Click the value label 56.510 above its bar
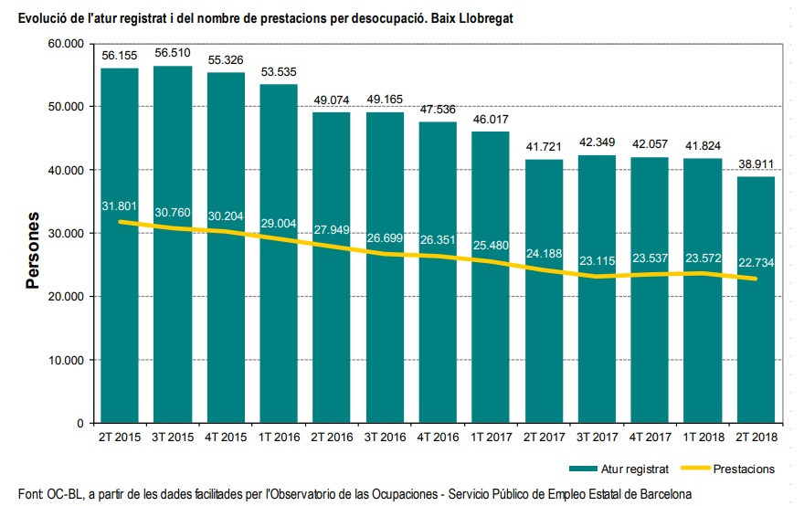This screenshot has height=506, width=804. point(173,53)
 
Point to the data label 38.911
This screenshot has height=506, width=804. point(756,164)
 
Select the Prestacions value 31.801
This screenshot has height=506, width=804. point(120,206)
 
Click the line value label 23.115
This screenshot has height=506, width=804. point(597,261)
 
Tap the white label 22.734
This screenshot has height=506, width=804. point(756,263)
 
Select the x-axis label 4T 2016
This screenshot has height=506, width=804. point(438,438)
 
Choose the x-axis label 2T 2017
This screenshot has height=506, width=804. point(544,438)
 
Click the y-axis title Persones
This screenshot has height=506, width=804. point(33,250)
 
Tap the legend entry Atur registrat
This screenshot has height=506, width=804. point(633,469)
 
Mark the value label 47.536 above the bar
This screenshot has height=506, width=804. point(438,110)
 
